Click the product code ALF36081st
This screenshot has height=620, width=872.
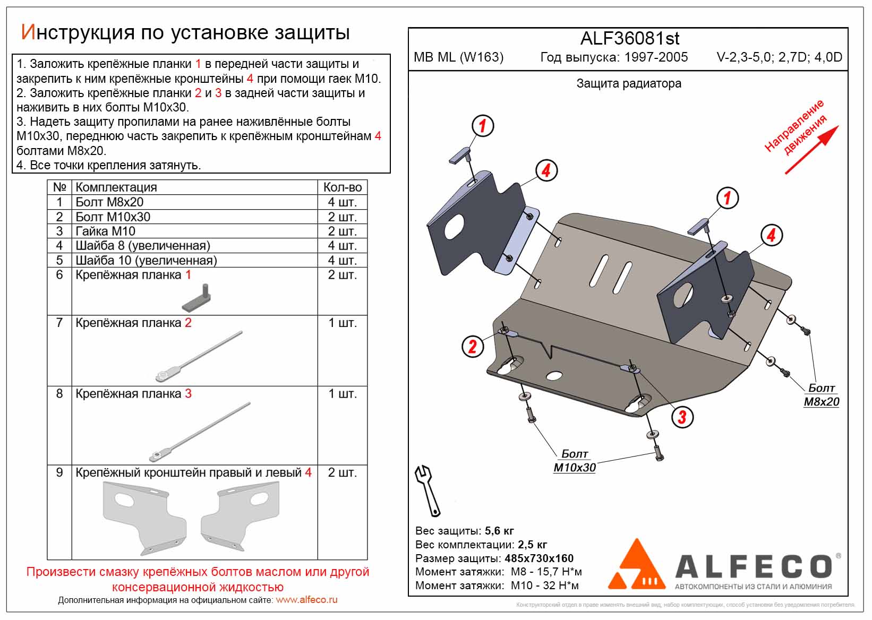point(629,39)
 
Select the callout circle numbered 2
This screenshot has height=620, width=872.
point(472,347)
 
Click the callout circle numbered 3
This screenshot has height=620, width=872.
point(682,417)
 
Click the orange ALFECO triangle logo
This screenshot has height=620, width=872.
point(636,565)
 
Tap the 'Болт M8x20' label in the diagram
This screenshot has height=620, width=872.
point(821,395)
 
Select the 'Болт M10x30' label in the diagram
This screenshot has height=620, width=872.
point(575,461)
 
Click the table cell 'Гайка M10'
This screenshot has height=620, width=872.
point(105,231)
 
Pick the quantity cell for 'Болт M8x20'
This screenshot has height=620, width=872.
point(342,202)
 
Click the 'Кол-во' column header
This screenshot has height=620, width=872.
point(342,187)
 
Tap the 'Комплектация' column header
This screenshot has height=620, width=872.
point(116,187)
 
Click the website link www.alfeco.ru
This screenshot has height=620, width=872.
point(306,600)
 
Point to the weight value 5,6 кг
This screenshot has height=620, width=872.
point(499,531)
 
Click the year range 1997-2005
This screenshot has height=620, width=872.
point(656,57)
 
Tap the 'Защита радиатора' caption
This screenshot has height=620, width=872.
point(629,84)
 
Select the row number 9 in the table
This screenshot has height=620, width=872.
point(59,472)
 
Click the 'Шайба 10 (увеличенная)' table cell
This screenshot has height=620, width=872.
point(146,261)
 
